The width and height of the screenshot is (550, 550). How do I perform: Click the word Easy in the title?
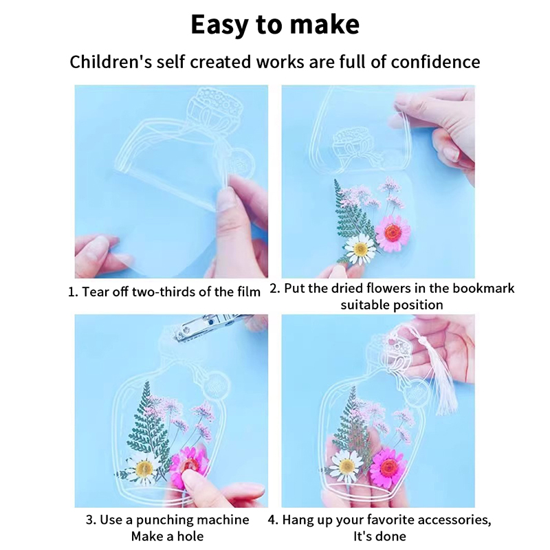220,25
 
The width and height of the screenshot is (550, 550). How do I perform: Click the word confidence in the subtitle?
435,62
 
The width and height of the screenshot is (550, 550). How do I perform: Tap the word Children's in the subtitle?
111,62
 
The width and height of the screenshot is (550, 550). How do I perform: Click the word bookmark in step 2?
483,288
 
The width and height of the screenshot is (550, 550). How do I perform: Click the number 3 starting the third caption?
89,520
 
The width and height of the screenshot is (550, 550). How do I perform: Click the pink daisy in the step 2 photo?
393,232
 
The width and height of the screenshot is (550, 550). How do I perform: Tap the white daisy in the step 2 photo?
360,249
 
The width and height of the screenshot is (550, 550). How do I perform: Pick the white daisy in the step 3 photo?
144,467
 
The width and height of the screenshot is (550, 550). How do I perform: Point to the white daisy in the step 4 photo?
346,467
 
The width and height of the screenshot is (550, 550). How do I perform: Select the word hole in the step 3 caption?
190,536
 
